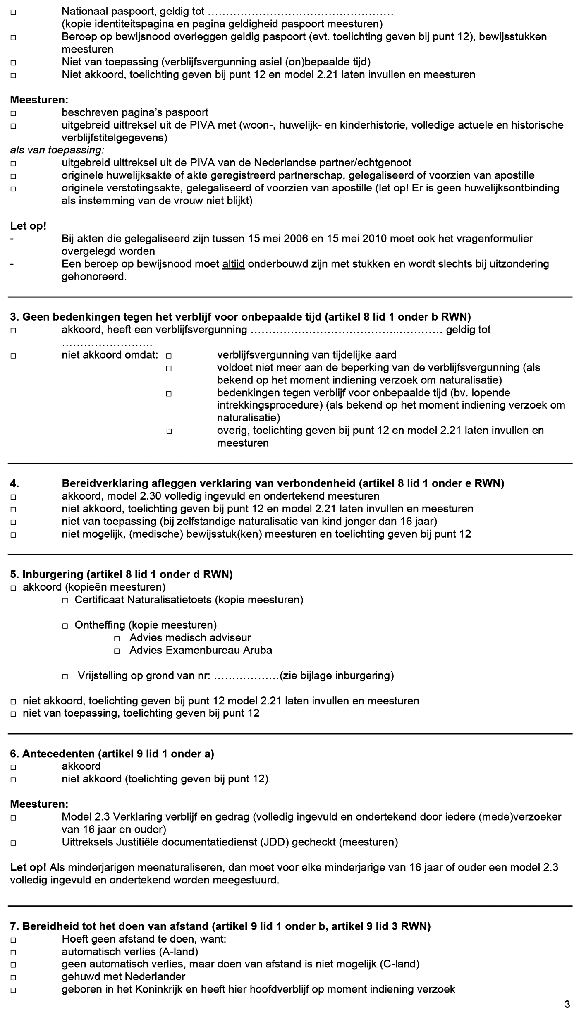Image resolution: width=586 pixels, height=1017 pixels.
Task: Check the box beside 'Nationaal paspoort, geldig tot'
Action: click(x=13, y=12)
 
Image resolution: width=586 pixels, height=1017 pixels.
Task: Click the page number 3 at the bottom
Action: click(x=567, y=1004)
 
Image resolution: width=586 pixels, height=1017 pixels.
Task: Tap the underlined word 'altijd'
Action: click(x=233, y=264)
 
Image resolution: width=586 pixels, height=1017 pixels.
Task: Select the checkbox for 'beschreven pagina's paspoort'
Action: click(x=13, y=113)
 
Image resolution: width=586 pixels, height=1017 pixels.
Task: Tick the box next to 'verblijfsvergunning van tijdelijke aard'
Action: click(x=169, y=355)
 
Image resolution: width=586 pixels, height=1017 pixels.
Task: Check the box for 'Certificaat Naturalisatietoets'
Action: click(x=65, y=600)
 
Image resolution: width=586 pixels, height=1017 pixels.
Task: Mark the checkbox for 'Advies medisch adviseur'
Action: click(x=117, y=638)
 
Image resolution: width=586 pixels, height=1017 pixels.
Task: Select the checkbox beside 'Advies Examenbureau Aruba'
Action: click(x=117, y=651)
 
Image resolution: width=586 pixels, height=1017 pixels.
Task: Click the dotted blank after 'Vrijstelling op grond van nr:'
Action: click(x=247, y=676)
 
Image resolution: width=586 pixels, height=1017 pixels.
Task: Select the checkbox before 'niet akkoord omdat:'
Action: click(x=13, y=355)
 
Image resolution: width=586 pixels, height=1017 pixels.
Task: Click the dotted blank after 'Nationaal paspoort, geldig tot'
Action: click(x=300, y=12)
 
